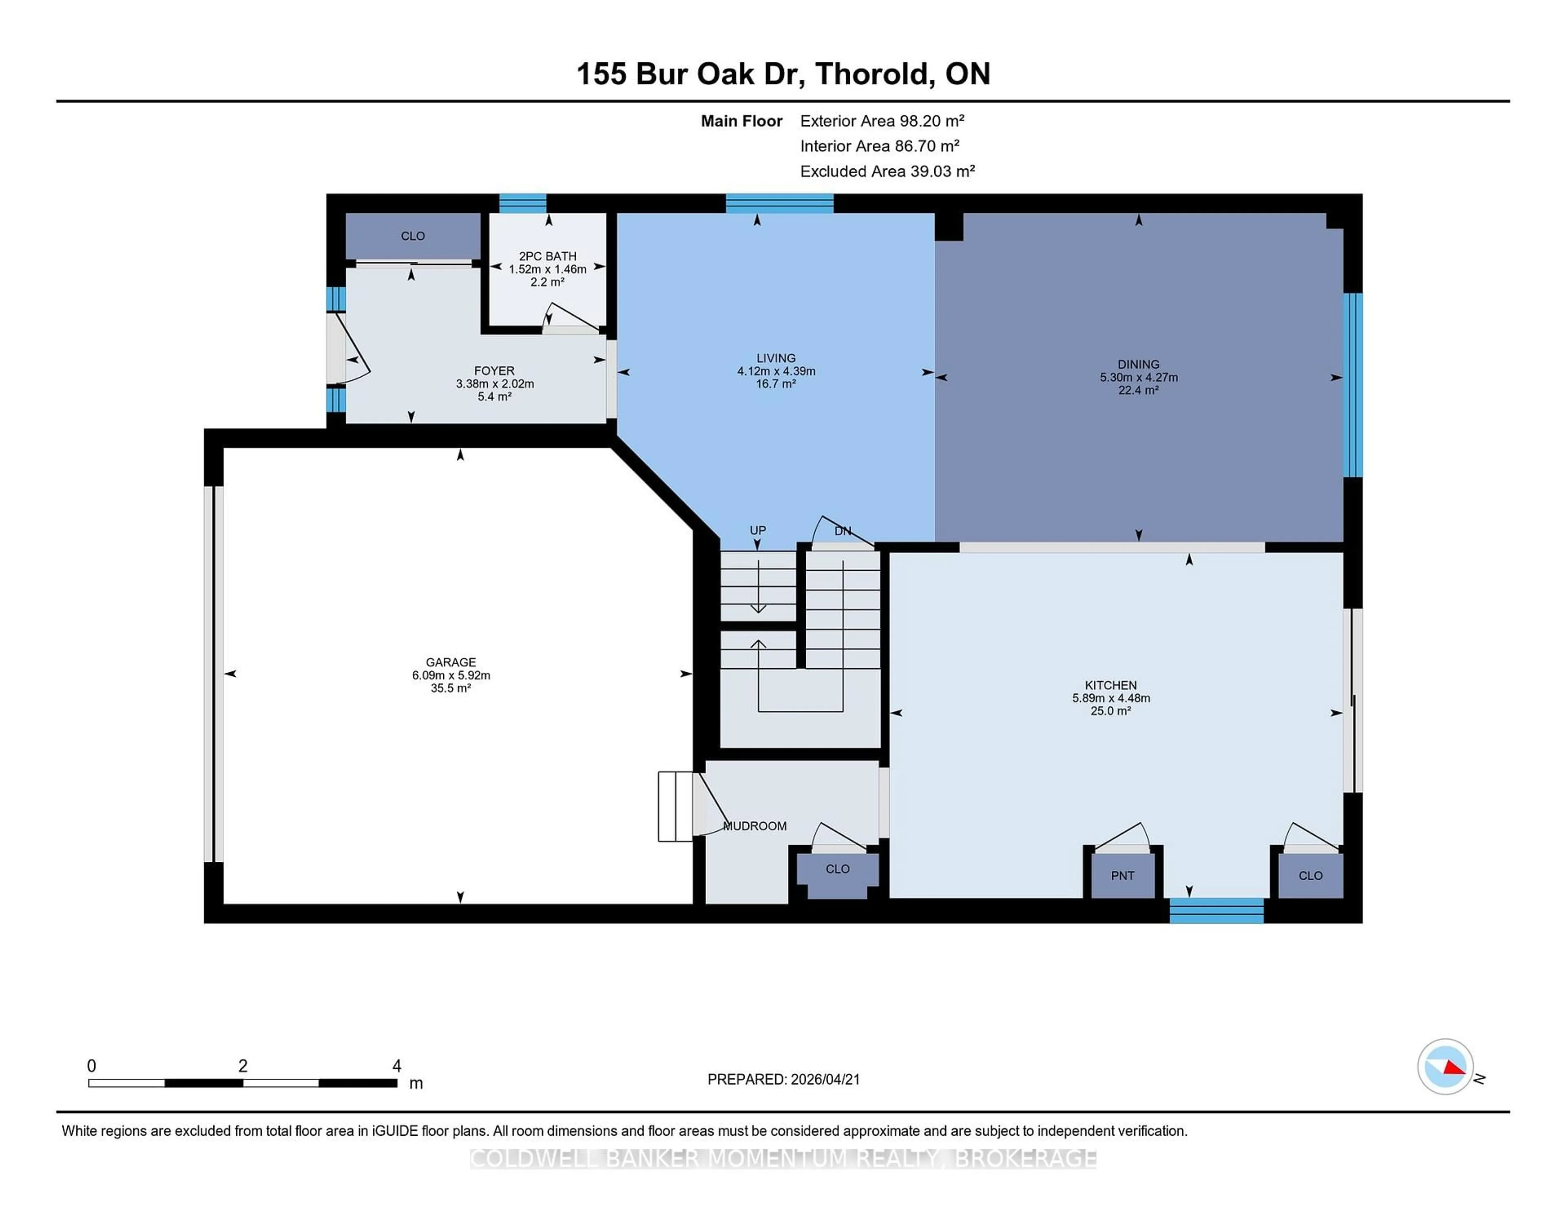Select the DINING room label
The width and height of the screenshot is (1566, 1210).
pyautogui.click(x=1138, y=364)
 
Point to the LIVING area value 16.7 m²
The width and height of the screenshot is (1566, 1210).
pyautogui.click(x=776, y=384)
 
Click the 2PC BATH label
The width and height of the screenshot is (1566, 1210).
pyautogui.click(x=547, y=256)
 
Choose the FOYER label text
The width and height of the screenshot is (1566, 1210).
pyautogui.click(x=494, y=371)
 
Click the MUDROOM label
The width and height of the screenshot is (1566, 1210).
pyautogui.click(x=754, y=826)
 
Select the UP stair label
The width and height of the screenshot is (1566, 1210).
pyautogui.click(x=758, y=530)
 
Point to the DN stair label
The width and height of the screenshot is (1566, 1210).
pyautogui.click(x=843, y=531)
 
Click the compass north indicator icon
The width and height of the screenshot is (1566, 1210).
pyautogui.click(x=1445, y=1066)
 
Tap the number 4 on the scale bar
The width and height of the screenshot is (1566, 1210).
pyautogui.click(x=396, y=1066)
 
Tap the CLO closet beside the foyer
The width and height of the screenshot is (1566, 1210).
pyautogui.click(x=413, y=236)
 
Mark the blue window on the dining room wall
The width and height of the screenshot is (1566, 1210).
pyautogui.click(x=1352, y=385)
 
